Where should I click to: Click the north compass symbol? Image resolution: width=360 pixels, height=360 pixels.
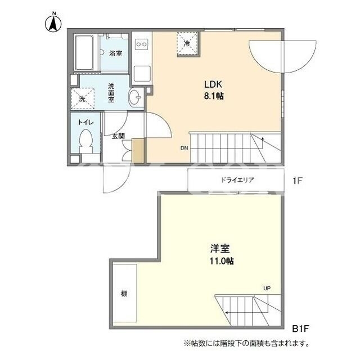53,22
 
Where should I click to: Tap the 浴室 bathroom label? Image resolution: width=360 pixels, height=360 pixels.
115,53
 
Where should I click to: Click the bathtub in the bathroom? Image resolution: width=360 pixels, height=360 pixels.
85,52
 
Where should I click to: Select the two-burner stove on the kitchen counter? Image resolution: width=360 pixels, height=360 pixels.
141,44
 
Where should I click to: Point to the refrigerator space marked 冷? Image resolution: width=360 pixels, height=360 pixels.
187,43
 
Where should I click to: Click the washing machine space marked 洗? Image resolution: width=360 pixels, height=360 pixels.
83,98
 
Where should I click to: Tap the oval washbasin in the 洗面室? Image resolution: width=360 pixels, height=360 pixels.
135,97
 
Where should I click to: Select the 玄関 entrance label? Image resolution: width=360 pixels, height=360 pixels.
118,136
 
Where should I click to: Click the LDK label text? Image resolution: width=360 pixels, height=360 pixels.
213,84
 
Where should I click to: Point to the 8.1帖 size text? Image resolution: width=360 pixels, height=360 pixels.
214,96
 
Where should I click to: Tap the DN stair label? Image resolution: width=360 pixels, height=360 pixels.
184,148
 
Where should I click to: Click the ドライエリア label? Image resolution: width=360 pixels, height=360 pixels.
237,180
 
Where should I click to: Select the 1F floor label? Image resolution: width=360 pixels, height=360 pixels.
298,181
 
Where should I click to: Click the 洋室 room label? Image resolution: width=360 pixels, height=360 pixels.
220,249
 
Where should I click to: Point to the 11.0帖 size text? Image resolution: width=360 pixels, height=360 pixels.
222,261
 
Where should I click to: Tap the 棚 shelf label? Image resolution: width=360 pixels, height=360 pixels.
124,294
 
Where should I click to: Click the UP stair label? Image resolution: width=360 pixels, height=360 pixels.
267,288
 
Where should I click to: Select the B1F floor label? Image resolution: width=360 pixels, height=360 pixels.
300,328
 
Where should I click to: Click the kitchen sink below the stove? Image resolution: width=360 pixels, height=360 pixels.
142,74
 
